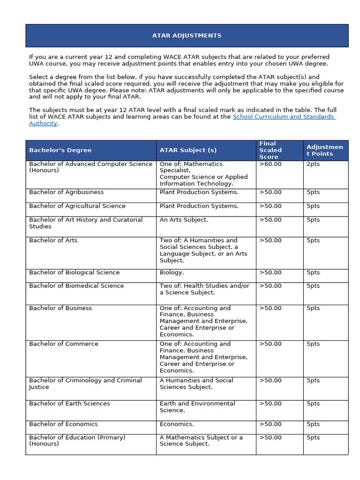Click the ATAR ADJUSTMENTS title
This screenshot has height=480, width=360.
pyautogui.click(x=187, y=36)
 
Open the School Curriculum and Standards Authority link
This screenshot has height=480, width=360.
pyautogui.click(x=284, y=117)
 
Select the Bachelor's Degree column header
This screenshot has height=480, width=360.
pyautogui.click(x=60, y=150)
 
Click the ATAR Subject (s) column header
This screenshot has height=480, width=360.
pyautogui.click(x=188, y=150)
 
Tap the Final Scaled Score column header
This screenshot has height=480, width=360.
pyautogui.click(x=270, y=150)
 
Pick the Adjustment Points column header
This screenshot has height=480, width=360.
pyautogui.click(x=324, y=150)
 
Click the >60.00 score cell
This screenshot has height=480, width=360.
pyautogui.click(x=270, y=164)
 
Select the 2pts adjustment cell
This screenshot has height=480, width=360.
pyautogui.click(x=313, y=164)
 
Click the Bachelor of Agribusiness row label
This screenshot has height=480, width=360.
pyautogui.click(x=66, y=192)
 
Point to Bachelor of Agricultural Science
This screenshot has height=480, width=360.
pyautogui.click(x=77, y=206)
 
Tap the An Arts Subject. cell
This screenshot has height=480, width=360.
pyautogui.click(x=184, y=220)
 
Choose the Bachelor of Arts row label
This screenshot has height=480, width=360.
pyautogui.click(x=53, y=240)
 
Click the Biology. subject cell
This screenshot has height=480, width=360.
pyautogui.click(x=172, y=272)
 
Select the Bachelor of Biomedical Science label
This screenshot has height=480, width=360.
pyautogui.click(x=76, y=286)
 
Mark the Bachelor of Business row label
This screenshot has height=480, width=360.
pyautogui.click(x=60, y=308)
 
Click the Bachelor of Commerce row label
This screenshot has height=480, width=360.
pyautogui.click(x=63, y=344)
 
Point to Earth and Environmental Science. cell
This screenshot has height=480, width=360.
pyautogui.click(x=197, y=407)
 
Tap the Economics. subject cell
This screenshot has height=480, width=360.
pyautogui.click(x=176, y=424)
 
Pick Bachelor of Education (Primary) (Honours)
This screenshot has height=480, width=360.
pyautogui.click(x=77, y=441)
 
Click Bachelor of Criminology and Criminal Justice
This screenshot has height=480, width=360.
pyautogui.click(x=85, y=384)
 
